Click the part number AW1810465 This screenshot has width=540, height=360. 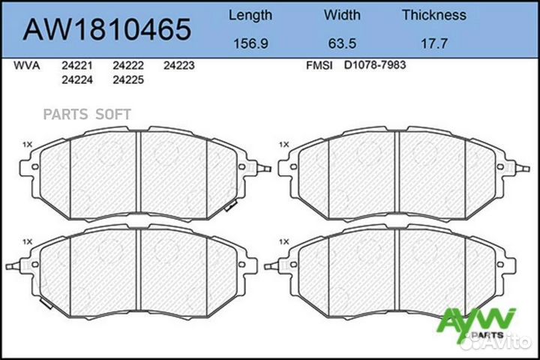click(x=106, y=29)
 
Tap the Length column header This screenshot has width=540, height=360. click(x=250, y=16)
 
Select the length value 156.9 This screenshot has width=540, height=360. click(x=250, y=43)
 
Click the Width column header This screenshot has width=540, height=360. click(x=342, y=15)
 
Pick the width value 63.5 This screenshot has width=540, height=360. click(x=342, y=43)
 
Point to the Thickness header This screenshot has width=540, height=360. click(x=434, y=15)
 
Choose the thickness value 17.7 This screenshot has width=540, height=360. click(x=434, y=43)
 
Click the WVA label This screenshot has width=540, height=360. click(x=26, y=65)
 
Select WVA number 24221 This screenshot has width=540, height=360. click(x=77, y=65)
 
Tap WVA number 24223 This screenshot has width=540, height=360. click(x=179, y=65)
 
